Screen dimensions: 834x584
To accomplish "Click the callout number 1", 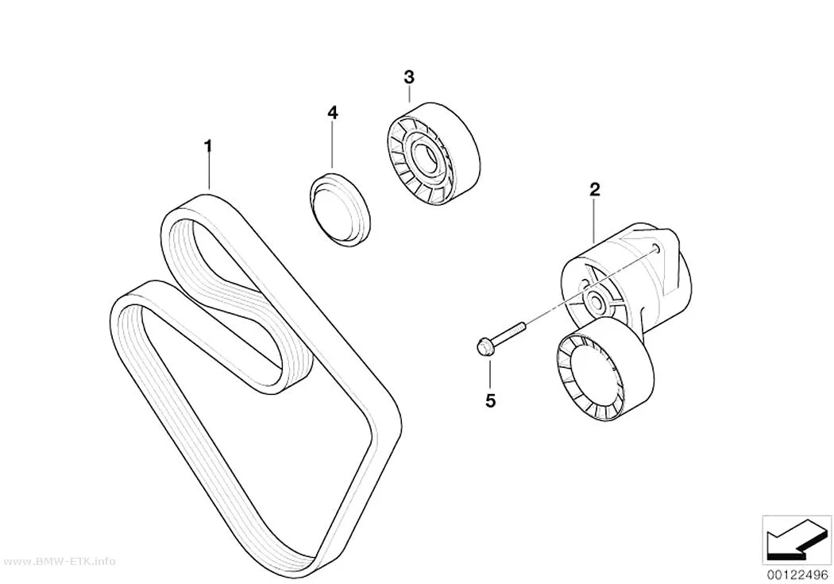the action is point(208,145).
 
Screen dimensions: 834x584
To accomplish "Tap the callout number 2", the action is point(594,189).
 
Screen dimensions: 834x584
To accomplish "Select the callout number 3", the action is point(408,78).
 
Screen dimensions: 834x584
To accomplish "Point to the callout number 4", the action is point(332,112).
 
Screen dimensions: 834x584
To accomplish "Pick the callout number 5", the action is point(490,400).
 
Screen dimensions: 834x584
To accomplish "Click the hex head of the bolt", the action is point(482,347).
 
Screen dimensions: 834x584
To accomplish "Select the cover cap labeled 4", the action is point(340,208).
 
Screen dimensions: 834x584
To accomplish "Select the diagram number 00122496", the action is point(797,574).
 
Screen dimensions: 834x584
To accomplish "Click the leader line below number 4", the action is point(332,145).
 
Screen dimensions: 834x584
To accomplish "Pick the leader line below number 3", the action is point(408,94).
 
